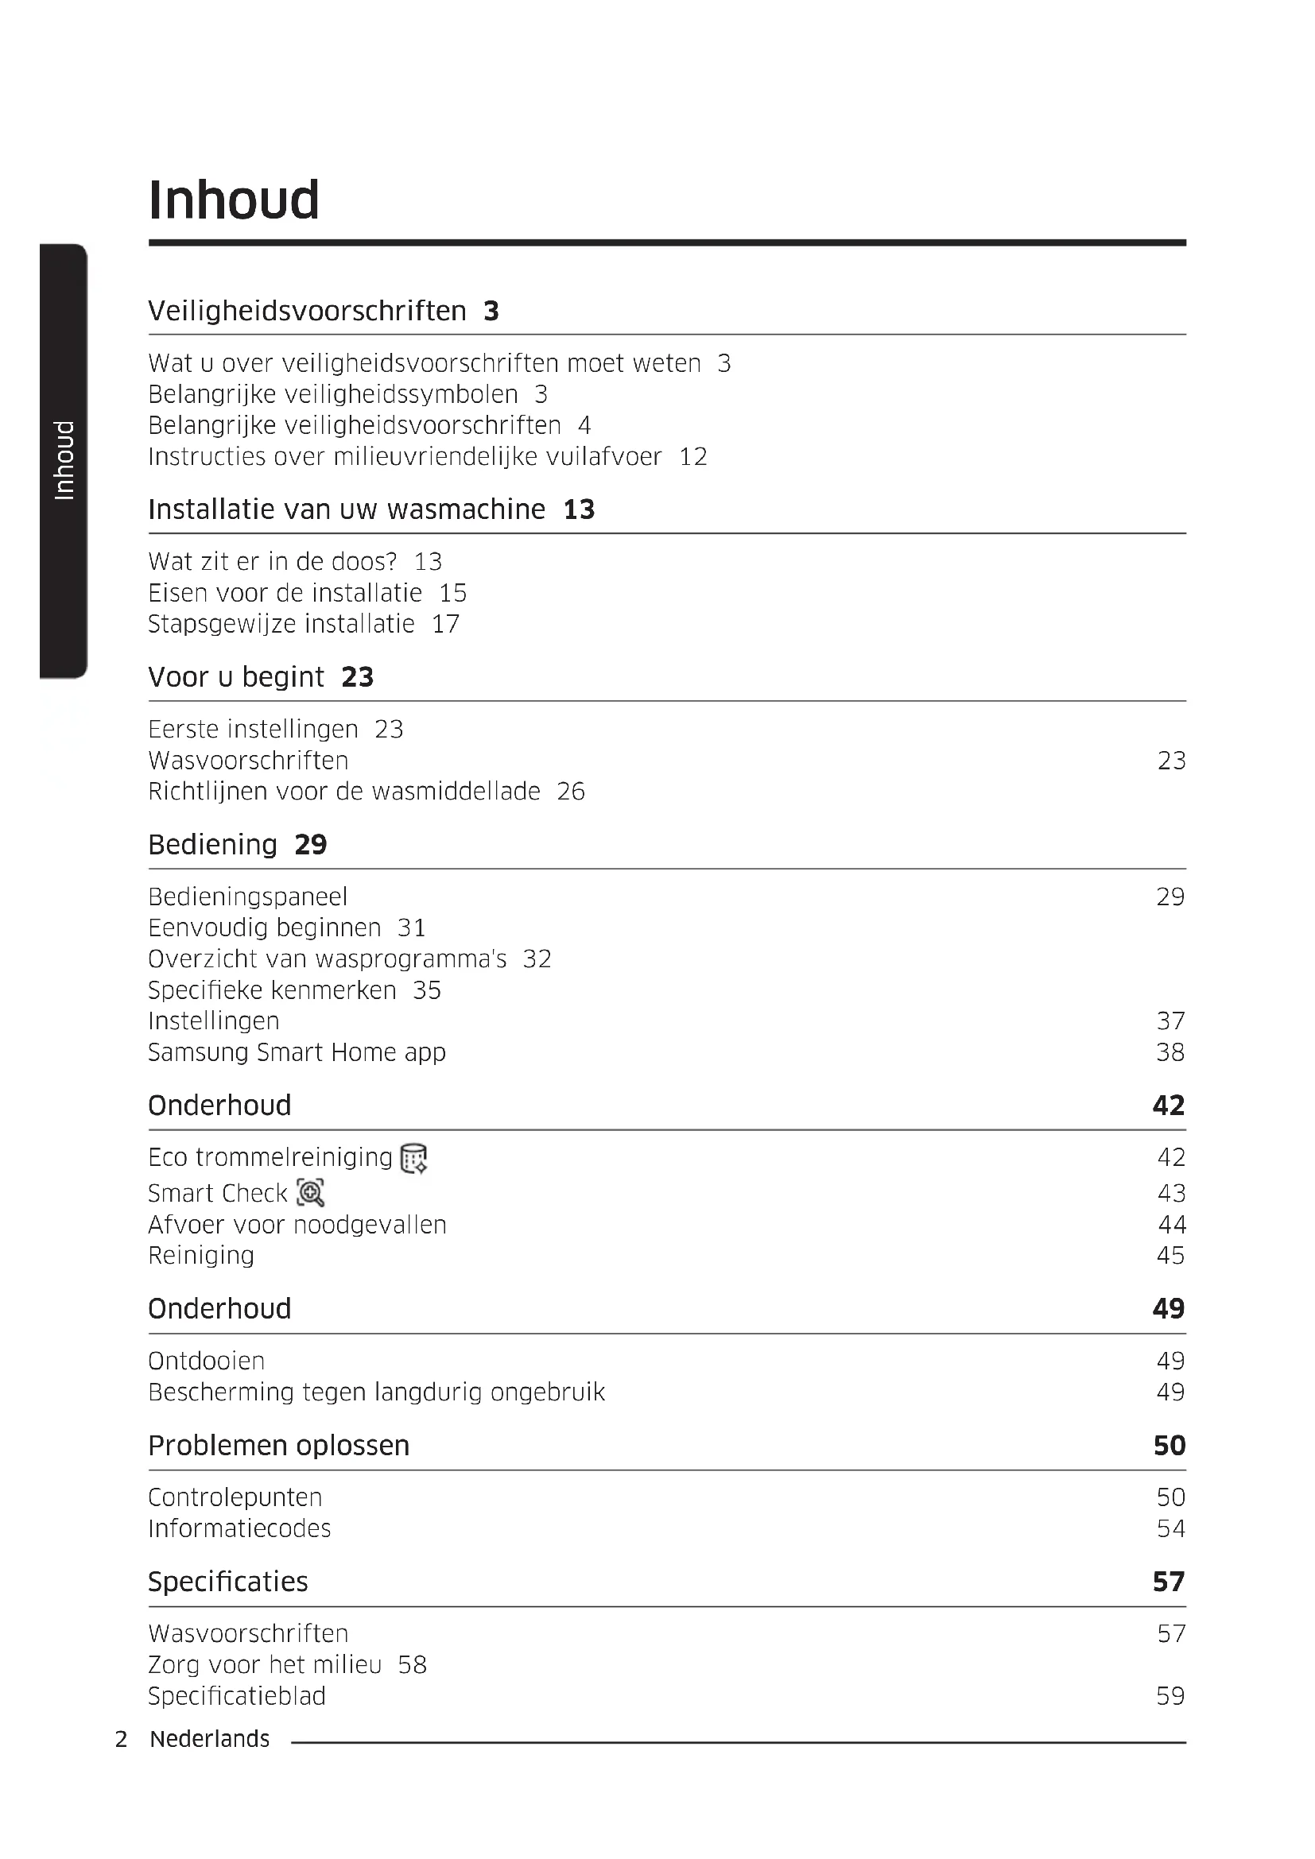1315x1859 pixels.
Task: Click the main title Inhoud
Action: pyautogui.click(x=234, y=200)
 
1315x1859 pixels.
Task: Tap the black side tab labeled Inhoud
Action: pyautogui.click(x=63, y=460)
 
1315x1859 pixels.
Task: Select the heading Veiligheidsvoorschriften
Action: pyautogui.click(x=307, y=311)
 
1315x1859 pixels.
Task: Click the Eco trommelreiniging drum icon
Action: pyautogui.click(x=413, y=1159)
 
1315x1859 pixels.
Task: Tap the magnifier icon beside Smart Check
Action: pyautogui.click(x=310, y=1193)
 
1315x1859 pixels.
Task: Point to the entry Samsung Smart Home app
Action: pyautogui.click(x=297, y=1052)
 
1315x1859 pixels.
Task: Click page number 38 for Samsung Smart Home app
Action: pyautogui.click(x=1170, y=1052)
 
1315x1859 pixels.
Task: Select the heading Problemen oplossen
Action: pyautogui.click(x=278, y=1446)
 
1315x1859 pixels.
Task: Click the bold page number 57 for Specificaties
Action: pyautogui.click(x=1169, y=1582)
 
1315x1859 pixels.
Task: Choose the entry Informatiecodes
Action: pyautogui.click(x=239, y=1528)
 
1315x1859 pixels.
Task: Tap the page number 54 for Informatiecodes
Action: pyautogui.click(x=1170, y=1528)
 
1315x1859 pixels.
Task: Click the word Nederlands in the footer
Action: pyautogui.click(x=210, y=1739)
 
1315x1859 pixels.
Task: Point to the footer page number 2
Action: pyautogui.click(x=122, y=1739)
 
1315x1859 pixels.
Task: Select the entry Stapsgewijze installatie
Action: pyautogui.click(x=281, y=624)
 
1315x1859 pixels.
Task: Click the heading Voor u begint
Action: pyautogui.click(x=235, y=677)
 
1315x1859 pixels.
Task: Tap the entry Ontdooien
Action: pyautogui.click(x=207, y=1361)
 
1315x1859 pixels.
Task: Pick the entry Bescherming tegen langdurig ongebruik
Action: pyautogui.click(x=377, y=1392)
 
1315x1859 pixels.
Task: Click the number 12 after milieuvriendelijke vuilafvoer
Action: pyautogui.click(x=693, y=457)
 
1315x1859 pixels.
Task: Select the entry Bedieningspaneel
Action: pyautogui.click(x=248, y=897)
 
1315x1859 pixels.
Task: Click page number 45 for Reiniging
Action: pyautogui.click(x=1170, y=1256)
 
